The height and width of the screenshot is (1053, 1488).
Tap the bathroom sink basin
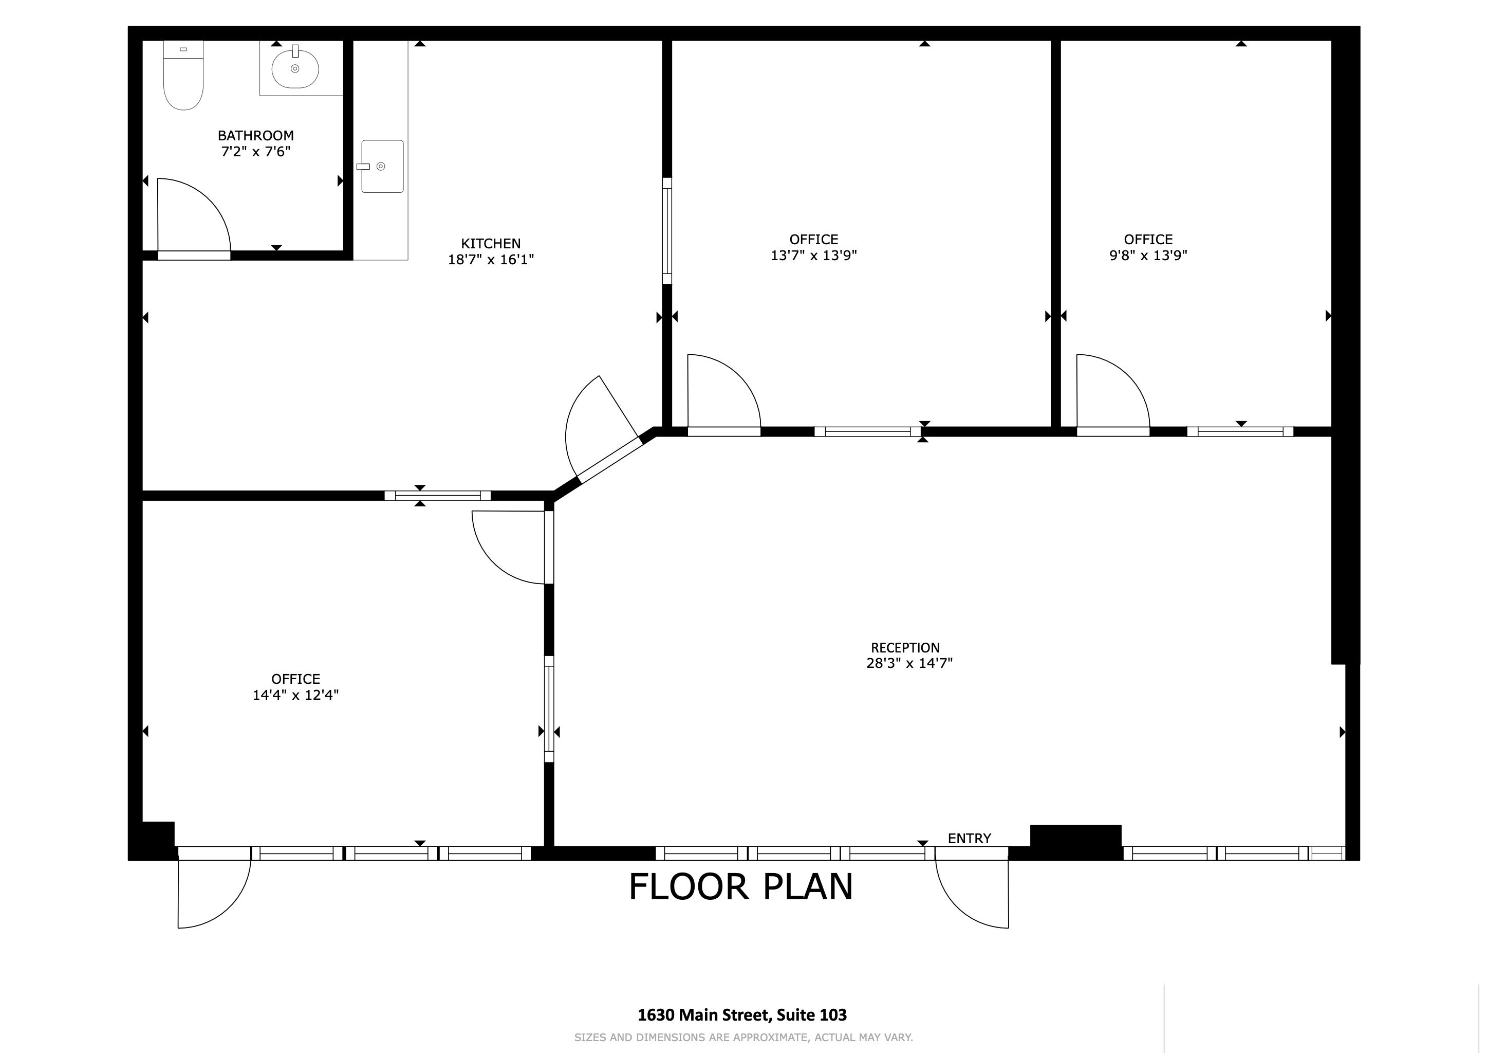point(295,69)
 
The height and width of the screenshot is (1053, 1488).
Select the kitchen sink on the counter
point(382,167)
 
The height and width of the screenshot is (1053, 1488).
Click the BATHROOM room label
point(255,136)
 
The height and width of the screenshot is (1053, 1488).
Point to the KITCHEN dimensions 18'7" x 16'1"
point(491,260)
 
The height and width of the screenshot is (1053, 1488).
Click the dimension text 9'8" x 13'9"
point(1148,256)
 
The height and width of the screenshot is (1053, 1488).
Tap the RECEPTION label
point(905,648)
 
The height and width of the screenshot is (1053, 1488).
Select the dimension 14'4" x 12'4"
point(295,695)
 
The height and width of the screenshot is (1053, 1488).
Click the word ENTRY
point(969,839)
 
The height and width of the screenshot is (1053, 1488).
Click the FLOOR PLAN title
point(741,887)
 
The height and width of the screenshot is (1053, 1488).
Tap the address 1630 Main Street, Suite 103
point(742,1015)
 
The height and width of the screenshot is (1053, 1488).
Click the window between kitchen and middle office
point(667,231)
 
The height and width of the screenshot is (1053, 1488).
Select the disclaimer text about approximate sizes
point(743,1038)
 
